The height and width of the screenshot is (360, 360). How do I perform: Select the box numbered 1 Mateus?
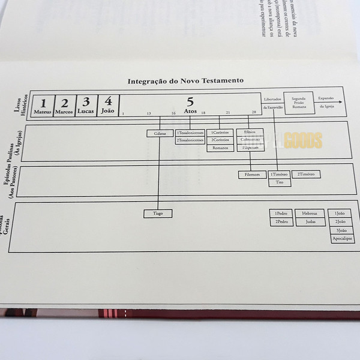coord(43,106)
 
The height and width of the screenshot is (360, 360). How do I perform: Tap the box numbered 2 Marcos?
coord(64,105)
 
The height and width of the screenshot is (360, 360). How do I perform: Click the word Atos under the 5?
coord(190,112)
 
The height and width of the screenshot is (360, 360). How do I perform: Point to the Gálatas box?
coord(160,133)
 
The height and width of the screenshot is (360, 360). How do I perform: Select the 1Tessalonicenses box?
coord(190,133)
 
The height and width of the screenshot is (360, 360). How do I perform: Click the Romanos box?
coord(220,148)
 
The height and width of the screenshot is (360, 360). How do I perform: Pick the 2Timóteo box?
coord(306,174)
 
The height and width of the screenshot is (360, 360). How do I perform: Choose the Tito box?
coord(280,182)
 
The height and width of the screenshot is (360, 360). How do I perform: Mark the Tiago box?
coord(158,213)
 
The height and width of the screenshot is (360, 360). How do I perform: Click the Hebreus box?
coord(310,213)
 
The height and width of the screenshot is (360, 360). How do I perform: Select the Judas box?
coord(310,221)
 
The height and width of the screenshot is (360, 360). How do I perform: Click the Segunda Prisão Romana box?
coord(299,102)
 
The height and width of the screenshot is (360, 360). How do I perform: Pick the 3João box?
coord(342,230)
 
